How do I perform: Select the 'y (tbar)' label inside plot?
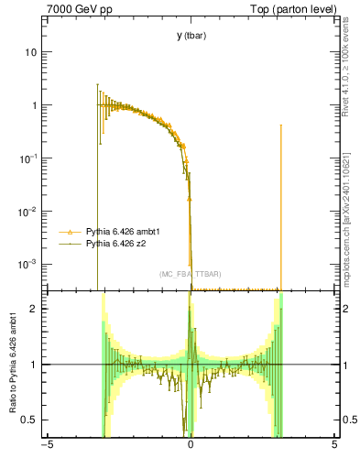pos(191,36)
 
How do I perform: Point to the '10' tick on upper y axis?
pos(30,52)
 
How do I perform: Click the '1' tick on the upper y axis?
pos(34,105)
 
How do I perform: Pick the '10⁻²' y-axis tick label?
pos(27,210)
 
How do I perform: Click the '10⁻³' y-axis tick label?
pos(27,263)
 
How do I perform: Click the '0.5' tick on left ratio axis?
pos(28,420)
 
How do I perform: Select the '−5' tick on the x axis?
pos(47,447)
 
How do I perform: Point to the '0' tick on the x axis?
pos(191,447)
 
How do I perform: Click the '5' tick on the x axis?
pos(334,447)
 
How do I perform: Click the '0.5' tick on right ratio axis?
pos(348,420)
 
